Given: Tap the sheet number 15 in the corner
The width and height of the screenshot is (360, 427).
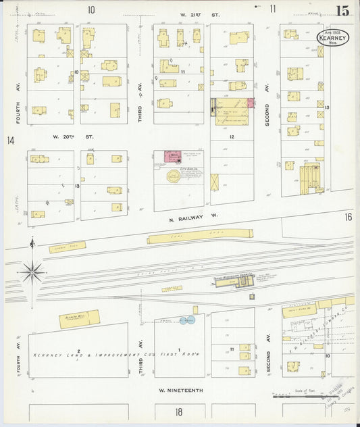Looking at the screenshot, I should click(x=343, y=10).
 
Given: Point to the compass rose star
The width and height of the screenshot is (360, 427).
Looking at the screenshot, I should click(x=32, y=272).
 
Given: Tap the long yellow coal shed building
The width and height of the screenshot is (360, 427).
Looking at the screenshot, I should click(x=200, y=236).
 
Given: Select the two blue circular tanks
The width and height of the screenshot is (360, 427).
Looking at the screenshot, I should click(x=187, y=319).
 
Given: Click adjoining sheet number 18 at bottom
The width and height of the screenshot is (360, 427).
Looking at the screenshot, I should click(x=178, y=411).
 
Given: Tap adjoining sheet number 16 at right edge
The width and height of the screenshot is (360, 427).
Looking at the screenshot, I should click(x=348, y=217).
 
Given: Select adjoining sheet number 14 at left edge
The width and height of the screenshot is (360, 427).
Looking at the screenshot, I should click(x=10, y=141).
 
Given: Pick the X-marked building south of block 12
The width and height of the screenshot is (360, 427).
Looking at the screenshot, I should click(x=215, y=182).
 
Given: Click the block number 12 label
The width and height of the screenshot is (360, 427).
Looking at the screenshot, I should click(x=231, y=137).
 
